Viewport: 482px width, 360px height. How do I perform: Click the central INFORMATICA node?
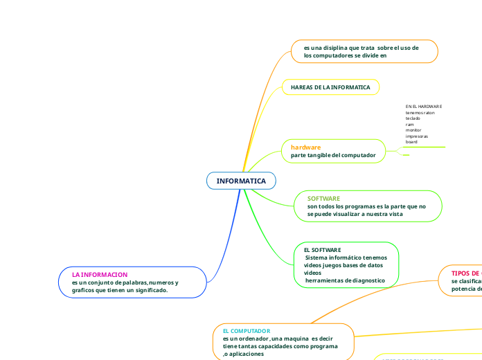pos(241,181)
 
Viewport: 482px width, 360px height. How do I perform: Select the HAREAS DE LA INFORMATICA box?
pos(330,87)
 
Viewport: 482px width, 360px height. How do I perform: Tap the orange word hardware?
pos(305,147)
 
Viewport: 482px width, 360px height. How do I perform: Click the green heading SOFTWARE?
pos(323,199)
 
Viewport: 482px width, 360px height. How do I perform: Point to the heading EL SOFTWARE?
pos(323,249)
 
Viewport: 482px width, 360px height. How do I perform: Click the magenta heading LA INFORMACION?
pos(100,275)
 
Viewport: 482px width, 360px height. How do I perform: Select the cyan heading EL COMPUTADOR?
pos(247,332)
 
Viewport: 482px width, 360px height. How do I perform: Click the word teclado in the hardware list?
pos(413,118)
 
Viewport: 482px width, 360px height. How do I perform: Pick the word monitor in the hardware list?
pos(413,130)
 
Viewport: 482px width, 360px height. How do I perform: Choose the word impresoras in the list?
pos(416,136)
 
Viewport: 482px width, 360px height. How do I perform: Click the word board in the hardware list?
pos(411,141)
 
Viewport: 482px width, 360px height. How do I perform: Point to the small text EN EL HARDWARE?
pos(423,107)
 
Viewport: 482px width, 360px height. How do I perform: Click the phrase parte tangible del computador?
pos(333,155)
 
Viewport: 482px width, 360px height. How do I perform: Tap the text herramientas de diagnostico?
pos(345,280)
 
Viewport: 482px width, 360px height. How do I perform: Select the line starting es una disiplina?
pos(361,47)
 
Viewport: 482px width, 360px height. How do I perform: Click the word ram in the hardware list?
pos(409,125)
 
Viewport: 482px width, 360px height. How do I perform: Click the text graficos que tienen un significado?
pos(120,291)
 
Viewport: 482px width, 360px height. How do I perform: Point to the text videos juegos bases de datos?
pos(343,265)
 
